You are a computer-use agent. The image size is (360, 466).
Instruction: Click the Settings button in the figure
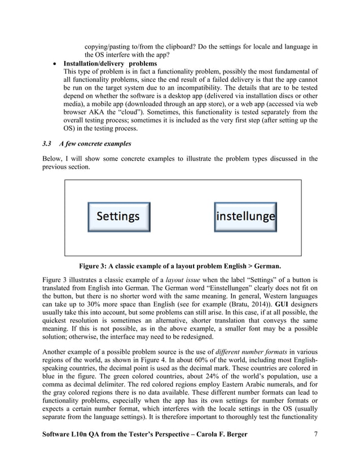[x=118, y=217]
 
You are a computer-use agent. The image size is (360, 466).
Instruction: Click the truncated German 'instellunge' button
[x=245, y=217]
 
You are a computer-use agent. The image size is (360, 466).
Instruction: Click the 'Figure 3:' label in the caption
[x=94, y=266]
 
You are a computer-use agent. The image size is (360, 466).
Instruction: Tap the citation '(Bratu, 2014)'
[x=243, y=306]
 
